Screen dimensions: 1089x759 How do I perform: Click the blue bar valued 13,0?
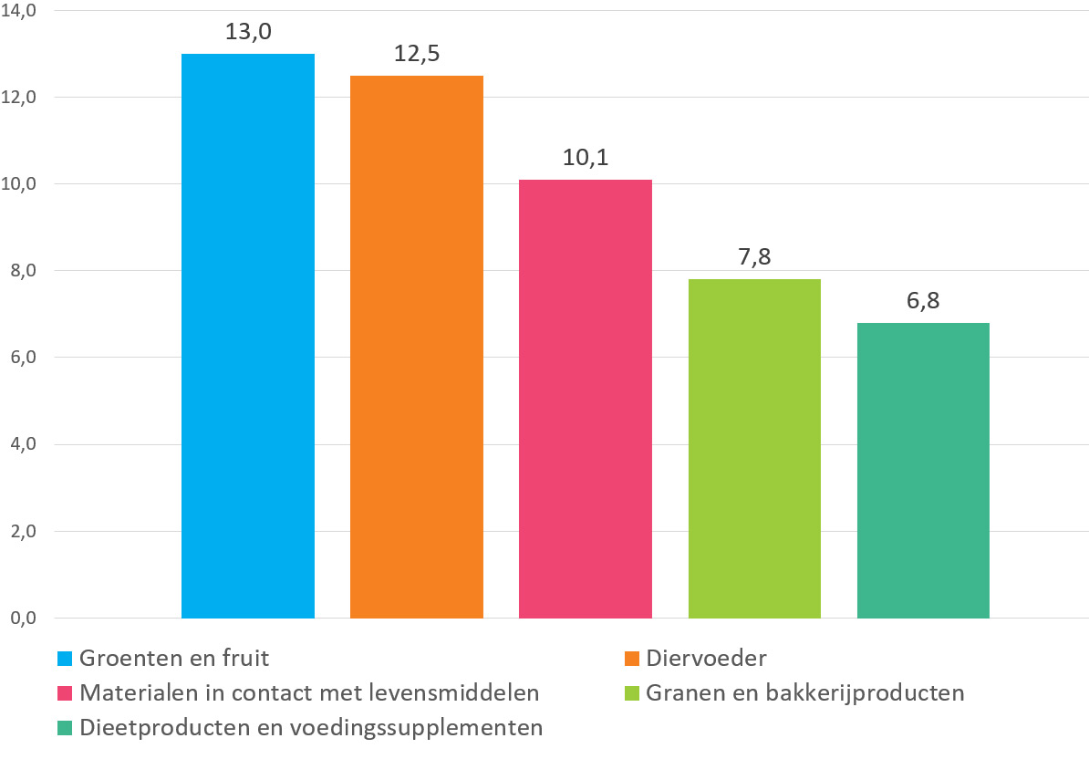[248, 336]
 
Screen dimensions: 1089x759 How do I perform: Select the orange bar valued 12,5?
[417, 347]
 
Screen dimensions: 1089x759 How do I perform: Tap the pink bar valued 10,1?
[586, 399]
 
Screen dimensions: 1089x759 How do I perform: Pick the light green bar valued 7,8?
[754, 449]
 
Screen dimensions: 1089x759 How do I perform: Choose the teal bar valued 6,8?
[923, 470]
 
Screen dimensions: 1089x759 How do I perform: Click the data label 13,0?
[248, 32]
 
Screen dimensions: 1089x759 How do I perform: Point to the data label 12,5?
[417, 54]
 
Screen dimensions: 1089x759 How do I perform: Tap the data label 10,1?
[586, 159]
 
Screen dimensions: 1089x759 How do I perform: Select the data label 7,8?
[754, 257]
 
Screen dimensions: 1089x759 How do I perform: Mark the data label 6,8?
[923, 301]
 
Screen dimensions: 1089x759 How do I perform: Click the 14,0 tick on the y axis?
[19, 11]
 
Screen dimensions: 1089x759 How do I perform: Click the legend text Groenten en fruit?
[174, 659]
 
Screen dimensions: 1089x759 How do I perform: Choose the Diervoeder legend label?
[706, 659]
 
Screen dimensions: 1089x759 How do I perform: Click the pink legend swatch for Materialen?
[65, 693]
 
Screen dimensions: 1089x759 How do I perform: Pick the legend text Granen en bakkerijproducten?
[805, 693]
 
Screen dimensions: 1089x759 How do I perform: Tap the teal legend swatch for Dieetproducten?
[65, 728]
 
